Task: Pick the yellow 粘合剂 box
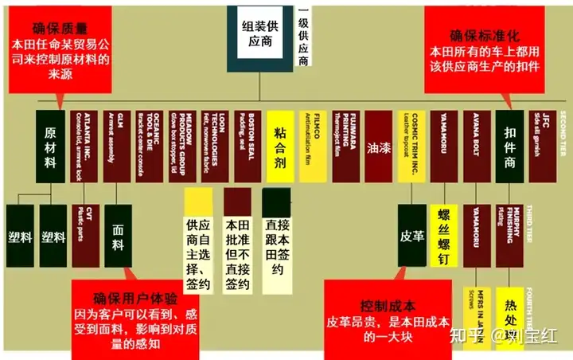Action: click(x=281, y=132)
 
